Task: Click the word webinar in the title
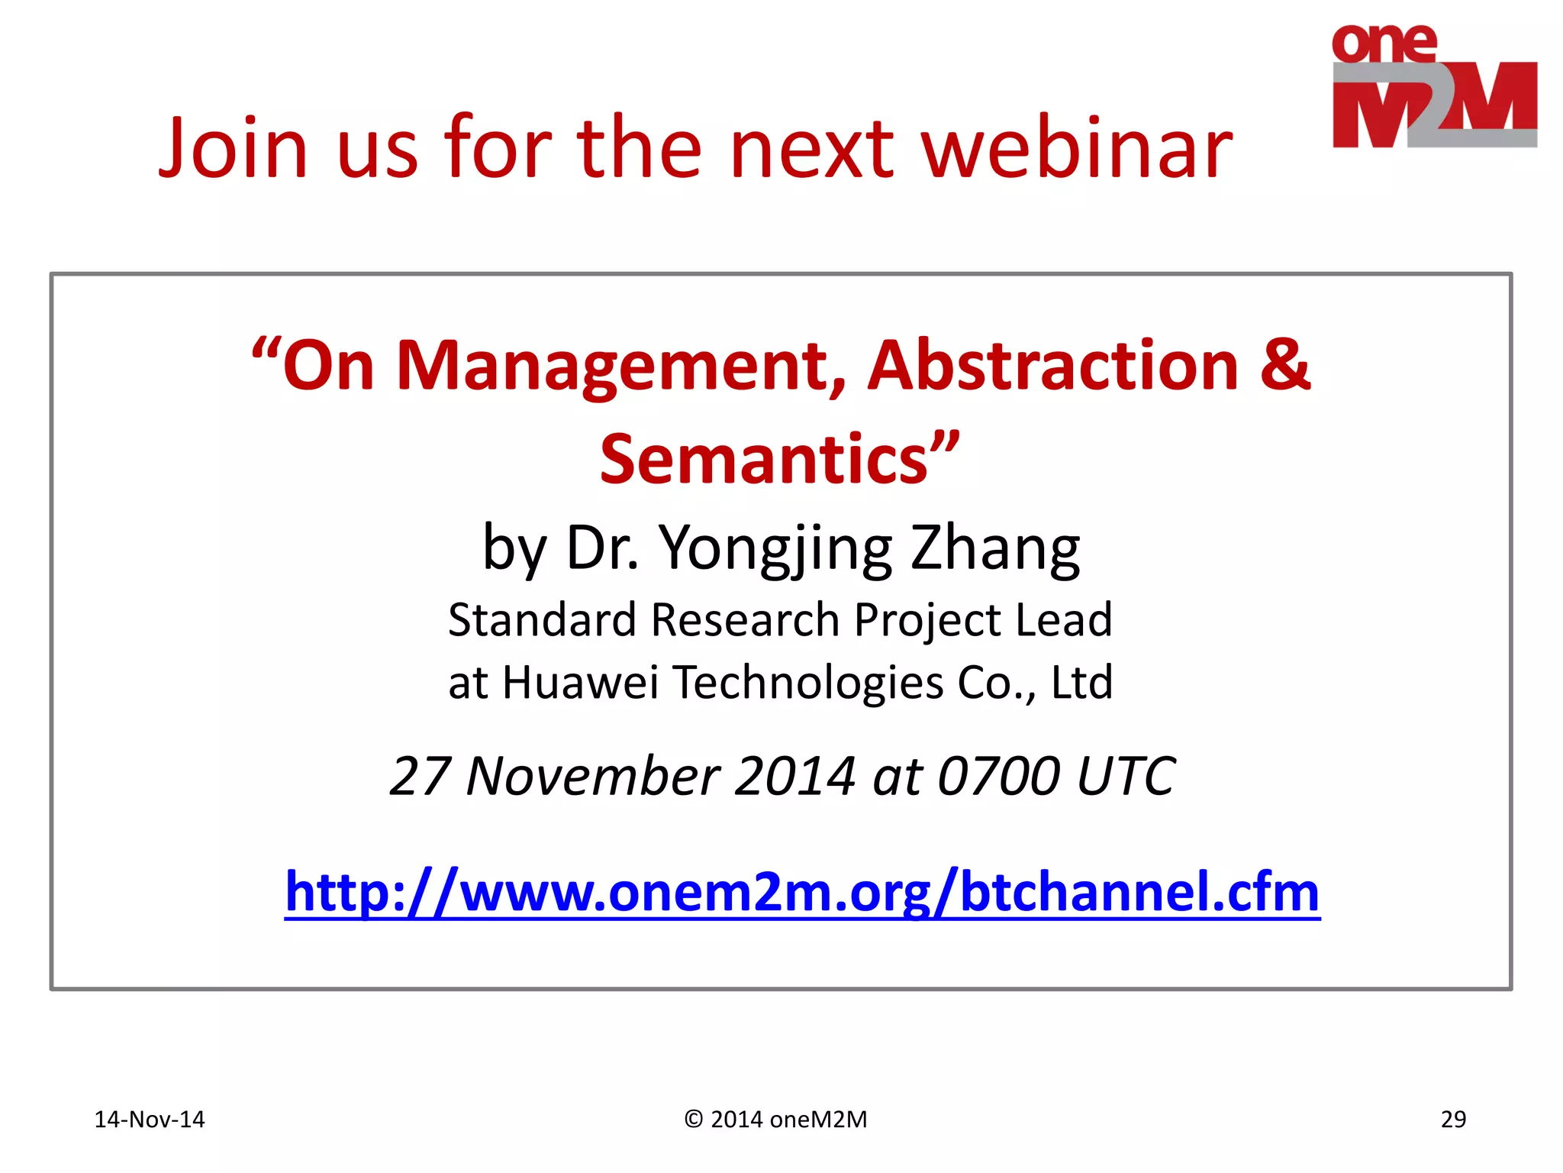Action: [1076, 147]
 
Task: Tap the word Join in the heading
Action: [233, 147]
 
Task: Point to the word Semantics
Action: [763, 459]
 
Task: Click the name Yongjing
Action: [775, 548]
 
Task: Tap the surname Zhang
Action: [995, 548]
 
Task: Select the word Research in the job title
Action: [745, 619]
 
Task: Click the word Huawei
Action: [580, 682]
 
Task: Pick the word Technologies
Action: [808, 682]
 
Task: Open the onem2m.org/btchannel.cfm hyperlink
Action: [802, 892]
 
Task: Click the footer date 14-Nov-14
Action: [149, 1120]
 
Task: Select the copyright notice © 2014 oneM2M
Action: [775, 1120]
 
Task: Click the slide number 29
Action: [1452, 1120]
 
